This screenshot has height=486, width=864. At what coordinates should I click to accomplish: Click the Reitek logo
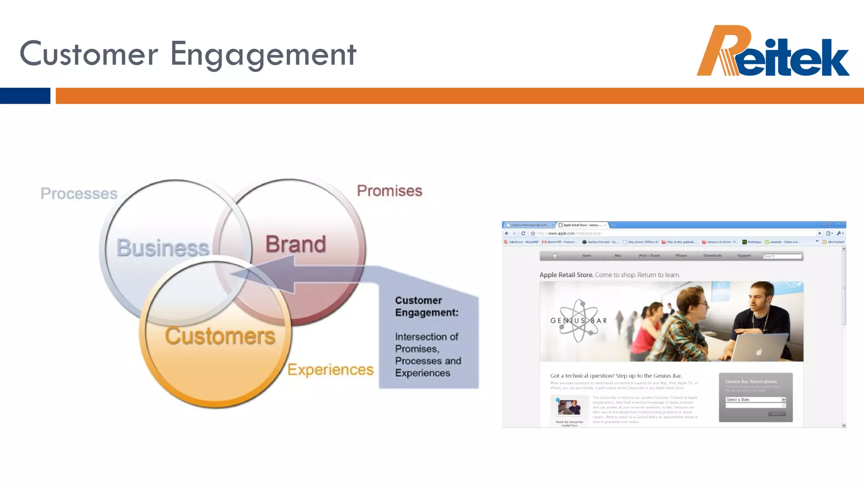point(773,51)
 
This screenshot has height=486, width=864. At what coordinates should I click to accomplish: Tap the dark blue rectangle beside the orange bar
point(25,96)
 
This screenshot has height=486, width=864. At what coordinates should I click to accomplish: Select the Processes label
point(79,194)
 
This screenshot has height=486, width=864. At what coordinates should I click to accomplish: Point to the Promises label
point(389,191)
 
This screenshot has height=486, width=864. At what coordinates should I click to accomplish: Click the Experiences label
point(330,370)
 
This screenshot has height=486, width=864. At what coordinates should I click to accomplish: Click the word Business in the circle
point(163,248)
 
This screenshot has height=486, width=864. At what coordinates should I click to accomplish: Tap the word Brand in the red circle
point(295,244)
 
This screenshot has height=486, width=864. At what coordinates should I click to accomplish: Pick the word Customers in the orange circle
point(220,336)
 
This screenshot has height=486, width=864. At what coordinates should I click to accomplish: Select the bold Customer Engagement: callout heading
point(427,306)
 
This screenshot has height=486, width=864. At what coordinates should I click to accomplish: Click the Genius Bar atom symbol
point(579,321)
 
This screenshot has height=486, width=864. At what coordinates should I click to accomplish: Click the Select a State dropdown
point(755,400)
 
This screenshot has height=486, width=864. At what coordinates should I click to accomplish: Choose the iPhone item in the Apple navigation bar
point(681,256)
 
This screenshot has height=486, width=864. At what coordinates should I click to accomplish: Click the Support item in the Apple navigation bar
point(744,256)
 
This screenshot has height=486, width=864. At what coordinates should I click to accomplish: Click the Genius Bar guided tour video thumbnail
point(569,407)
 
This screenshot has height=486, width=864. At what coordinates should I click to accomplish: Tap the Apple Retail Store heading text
point(566,275)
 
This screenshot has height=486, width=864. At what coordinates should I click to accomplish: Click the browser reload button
point(523,233)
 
